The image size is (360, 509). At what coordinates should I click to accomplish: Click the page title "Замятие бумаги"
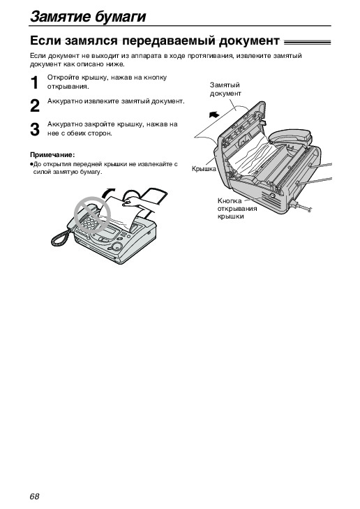click(x=88, y=17)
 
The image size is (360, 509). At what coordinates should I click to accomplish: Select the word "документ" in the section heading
click(x=249, y=41)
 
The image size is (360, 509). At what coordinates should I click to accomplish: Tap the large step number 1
click(x=35, y=83)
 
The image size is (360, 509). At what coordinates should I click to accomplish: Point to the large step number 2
click(x=35, y=106)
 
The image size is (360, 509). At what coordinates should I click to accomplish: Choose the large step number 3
click(x=35, y=129)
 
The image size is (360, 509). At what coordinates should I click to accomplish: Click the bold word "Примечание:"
click(x=52, y=154)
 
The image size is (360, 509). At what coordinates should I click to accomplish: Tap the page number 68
click(x=34, y=496)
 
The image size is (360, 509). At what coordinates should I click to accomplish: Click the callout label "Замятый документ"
click(x=225, y=89)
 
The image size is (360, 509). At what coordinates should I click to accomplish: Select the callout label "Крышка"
click(x=204, y=169)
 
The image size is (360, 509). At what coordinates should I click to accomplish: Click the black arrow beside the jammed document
click(x=214, y=115)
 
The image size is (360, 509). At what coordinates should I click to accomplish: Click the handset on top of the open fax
click(x=290, y=136)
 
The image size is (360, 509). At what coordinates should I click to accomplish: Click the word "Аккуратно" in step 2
click(x=65, y=101)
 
